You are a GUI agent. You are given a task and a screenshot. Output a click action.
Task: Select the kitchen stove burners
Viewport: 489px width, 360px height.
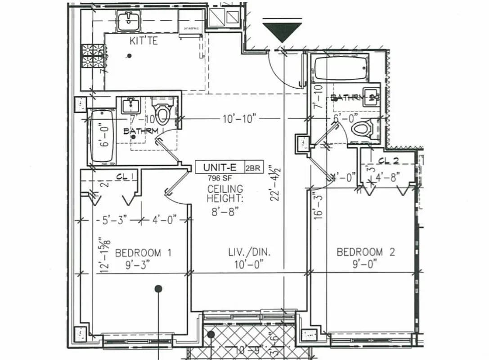coord(93,56)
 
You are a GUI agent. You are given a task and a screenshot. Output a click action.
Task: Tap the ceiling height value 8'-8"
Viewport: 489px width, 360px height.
coord(224,211)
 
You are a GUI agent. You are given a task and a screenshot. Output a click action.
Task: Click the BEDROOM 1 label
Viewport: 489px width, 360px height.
coord(143,252)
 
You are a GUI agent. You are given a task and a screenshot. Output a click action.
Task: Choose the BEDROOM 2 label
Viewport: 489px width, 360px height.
coord(366,252)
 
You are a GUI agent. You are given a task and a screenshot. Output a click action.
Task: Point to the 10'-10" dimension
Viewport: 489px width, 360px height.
coord(239,119)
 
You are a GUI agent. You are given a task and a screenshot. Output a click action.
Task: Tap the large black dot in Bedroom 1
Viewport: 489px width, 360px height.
coord(158,289)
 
